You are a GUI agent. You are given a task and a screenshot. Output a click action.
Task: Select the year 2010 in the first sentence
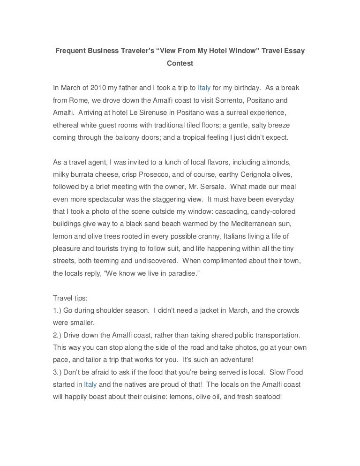tap(98, 88)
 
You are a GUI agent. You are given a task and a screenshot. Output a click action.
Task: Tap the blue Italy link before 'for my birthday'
tap(204, 88)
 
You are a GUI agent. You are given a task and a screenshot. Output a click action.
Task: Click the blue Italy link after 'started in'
tap(90, 384)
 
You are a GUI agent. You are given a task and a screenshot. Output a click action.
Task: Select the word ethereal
tap(67, 126)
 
